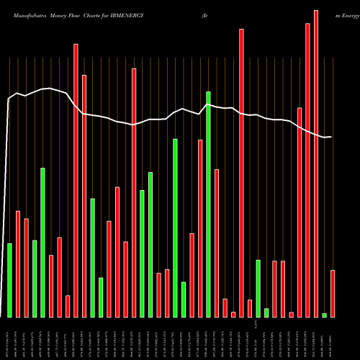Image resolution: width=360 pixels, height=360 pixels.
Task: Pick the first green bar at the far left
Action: coord(9,280)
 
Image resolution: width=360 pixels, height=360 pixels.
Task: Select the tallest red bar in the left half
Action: coord(76,180)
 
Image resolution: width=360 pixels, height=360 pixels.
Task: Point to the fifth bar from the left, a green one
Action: coord(42,242)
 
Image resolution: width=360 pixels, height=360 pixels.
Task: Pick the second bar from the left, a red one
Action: coord(18,264)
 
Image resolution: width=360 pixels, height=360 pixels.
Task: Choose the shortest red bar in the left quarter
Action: coord(68,306)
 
